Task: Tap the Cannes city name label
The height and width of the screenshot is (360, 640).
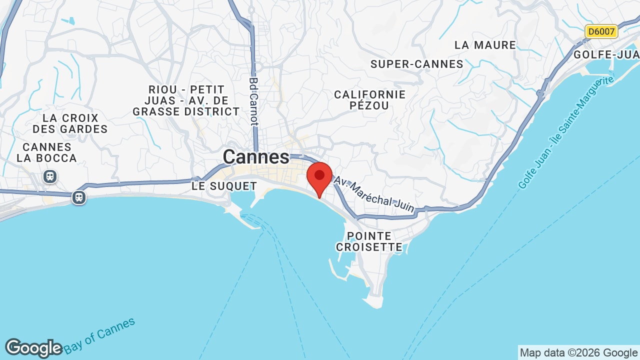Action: pyautogui.click(x=256, y=157)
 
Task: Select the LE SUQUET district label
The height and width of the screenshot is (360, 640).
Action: pyautogui.click(x=224, y=186)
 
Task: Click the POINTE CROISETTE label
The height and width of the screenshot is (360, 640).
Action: pyautogui.click(x=369, y=241)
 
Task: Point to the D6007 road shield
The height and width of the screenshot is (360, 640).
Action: pyautogui.click(x=601, y=31)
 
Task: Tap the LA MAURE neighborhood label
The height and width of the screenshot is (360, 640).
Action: pyautogui.click(x=485, y=45)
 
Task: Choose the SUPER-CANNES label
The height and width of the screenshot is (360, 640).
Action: pyautogui.click(x=417, y=64)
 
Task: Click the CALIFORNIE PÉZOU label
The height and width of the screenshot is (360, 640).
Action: pyautogui.click(x=369, y=100)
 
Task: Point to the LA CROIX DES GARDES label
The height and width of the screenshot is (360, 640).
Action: pyautogui.click(x=70, y=123)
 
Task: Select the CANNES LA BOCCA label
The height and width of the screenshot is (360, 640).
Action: pyautogui.click(x=47, y=152)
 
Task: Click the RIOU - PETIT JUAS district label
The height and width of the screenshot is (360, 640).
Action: pyautogui.click(x=186, y=100)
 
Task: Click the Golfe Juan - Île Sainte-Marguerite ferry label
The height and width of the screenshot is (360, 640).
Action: pyautogui.click(x=565, y=132)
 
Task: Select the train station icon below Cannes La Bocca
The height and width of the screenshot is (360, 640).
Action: pyautogui.click(x=49, y=176)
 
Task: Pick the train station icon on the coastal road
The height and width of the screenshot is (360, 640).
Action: pyautogui.click(x=79, y=197)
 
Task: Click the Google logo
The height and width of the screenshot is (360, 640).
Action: pyautogui.click(x=33, y=348)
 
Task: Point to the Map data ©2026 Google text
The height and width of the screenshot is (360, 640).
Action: pyautogui.click(x=578, y=353)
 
